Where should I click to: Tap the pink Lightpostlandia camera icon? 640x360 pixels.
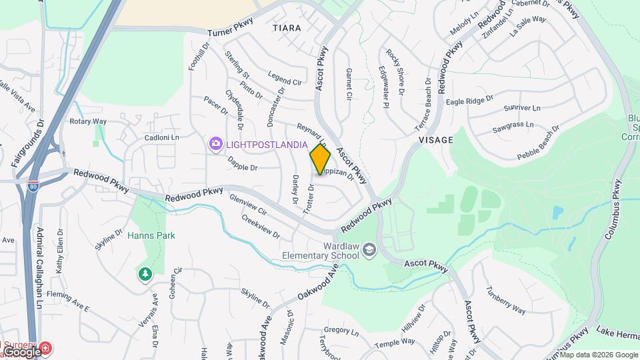point(215,143)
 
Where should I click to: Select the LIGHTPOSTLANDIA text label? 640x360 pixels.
point(265,144)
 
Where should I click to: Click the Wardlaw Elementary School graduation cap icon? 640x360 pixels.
point(369,251)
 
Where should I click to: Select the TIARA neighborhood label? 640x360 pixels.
point(287,29)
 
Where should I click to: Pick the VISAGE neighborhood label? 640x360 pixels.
point(436,140)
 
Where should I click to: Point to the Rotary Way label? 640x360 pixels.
point(88,121)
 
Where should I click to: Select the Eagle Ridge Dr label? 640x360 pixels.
point(469,101)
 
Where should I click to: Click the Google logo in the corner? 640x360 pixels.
point(21,351)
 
